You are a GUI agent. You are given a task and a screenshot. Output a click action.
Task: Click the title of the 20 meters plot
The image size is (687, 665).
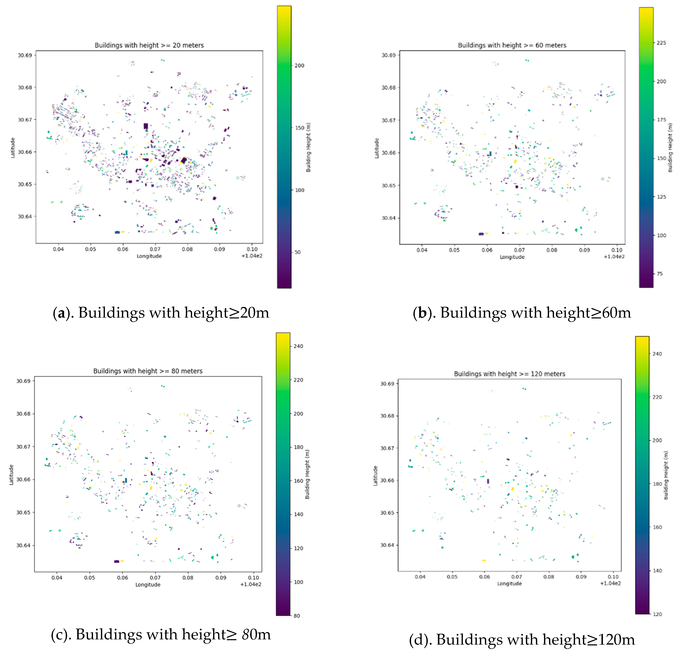pos(149,45)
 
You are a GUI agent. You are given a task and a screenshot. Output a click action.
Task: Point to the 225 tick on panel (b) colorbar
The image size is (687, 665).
pos(661,43)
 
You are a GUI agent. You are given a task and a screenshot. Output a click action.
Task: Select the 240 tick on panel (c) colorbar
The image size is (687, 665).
pos(298,346)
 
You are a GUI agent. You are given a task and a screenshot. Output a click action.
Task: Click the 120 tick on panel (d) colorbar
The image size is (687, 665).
pos(657,614)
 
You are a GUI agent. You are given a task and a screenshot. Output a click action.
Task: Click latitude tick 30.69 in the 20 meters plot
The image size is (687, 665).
pos(25,55)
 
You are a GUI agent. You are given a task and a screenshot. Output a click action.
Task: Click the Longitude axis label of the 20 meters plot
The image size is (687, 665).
pos(149,256)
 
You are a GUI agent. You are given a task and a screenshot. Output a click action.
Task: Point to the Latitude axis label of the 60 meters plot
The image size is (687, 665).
pos(377,148)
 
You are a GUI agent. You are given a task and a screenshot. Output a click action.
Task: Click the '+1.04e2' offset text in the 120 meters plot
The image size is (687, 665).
pos(610,583)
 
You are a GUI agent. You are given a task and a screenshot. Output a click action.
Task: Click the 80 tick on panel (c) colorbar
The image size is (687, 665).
pos(297,616)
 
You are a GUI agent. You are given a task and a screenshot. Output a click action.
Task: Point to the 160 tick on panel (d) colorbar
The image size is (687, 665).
pos(657,527)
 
